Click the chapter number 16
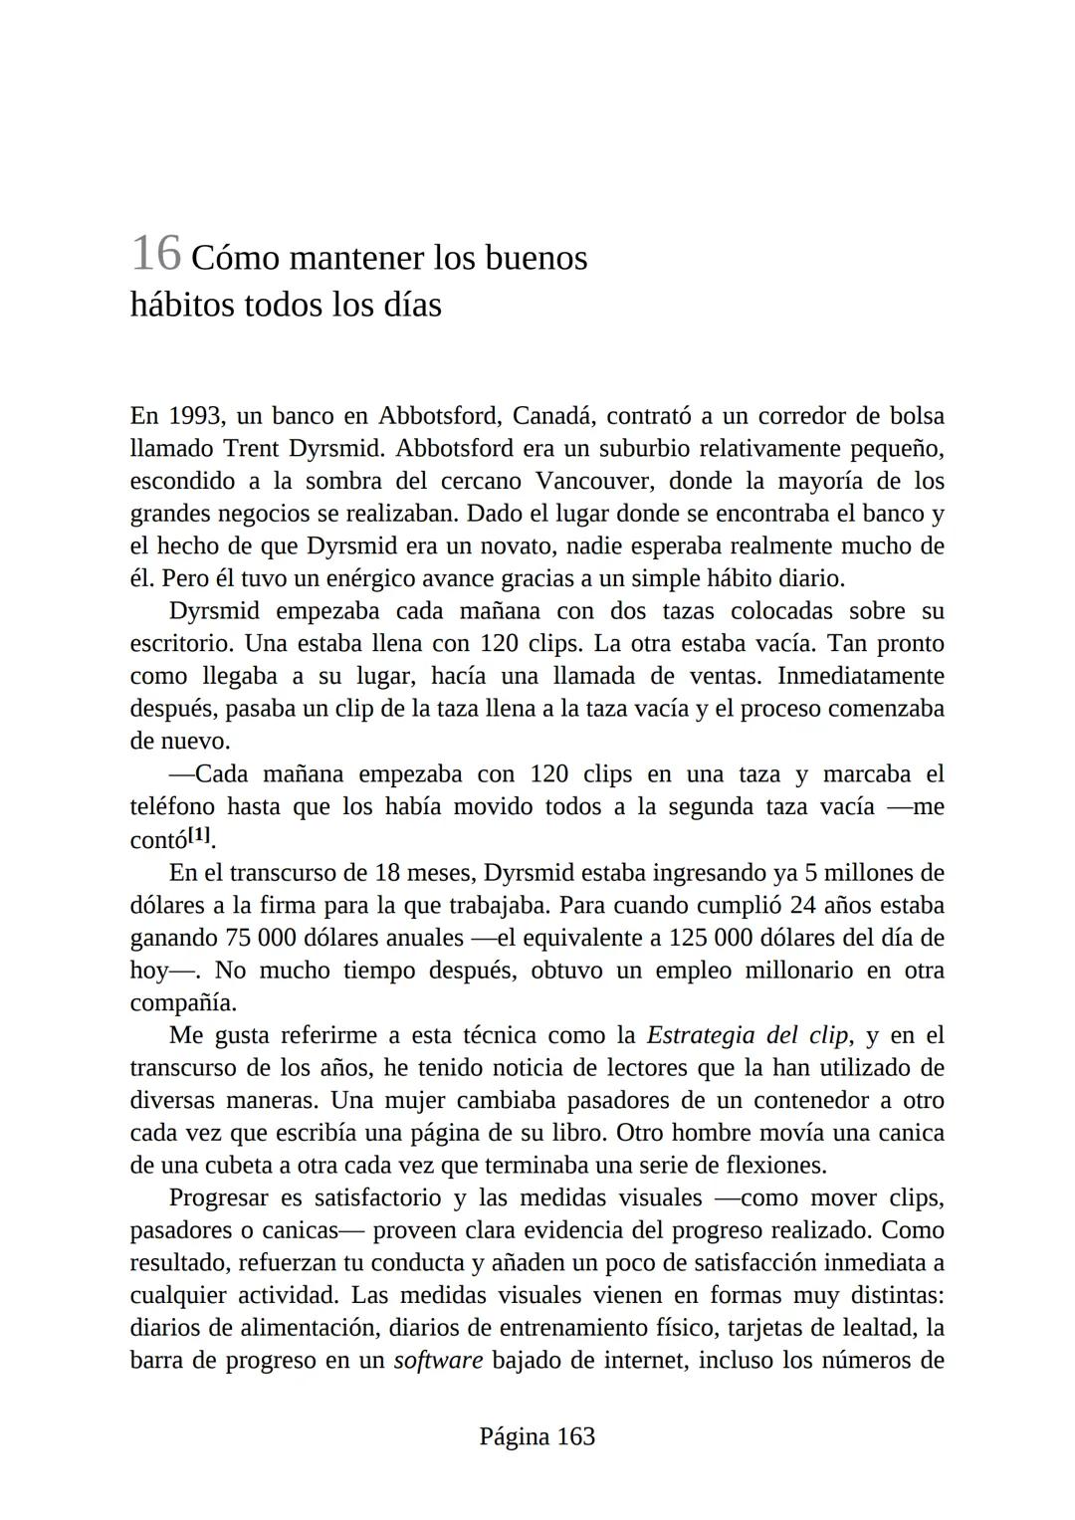pyautogui.click(x=155, y=254)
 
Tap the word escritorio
pyautogui.click(x=182, y=644)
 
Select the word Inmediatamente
pyautogui.click(x=860, y=677)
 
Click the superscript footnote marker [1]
pyautogui.click(x=200, y=834)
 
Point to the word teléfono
pyautogui.click(x=171, y=806)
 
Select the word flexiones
pyautogui.click(x=774, y=1166)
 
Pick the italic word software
pyautogui.click(x=438, y=1361)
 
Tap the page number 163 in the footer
pyautogui.click(x=575, y=1436)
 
